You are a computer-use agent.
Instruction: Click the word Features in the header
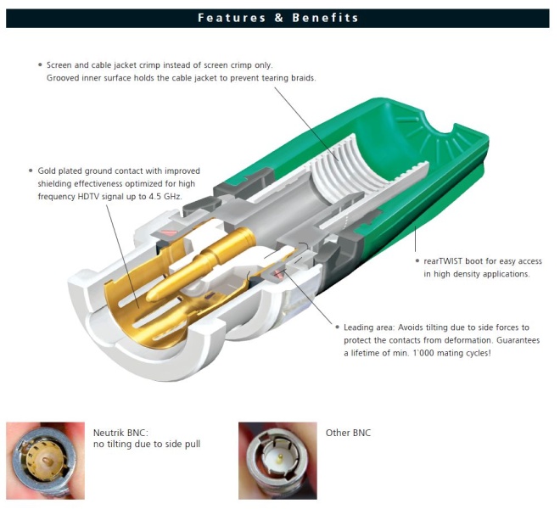232,18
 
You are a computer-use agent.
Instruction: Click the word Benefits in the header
325,18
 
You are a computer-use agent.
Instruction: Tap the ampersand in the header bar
279,18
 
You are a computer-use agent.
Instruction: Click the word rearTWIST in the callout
443,261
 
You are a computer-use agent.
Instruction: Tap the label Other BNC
348,433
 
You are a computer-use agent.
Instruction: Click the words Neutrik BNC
120,433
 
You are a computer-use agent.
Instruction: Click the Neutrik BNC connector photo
45,461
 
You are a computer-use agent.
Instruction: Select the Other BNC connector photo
277,461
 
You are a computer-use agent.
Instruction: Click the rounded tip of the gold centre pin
151,296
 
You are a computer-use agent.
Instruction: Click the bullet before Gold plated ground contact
31,171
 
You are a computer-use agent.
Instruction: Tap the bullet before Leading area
337,327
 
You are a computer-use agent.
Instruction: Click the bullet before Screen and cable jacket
40,65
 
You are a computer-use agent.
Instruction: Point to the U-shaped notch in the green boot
439,126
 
